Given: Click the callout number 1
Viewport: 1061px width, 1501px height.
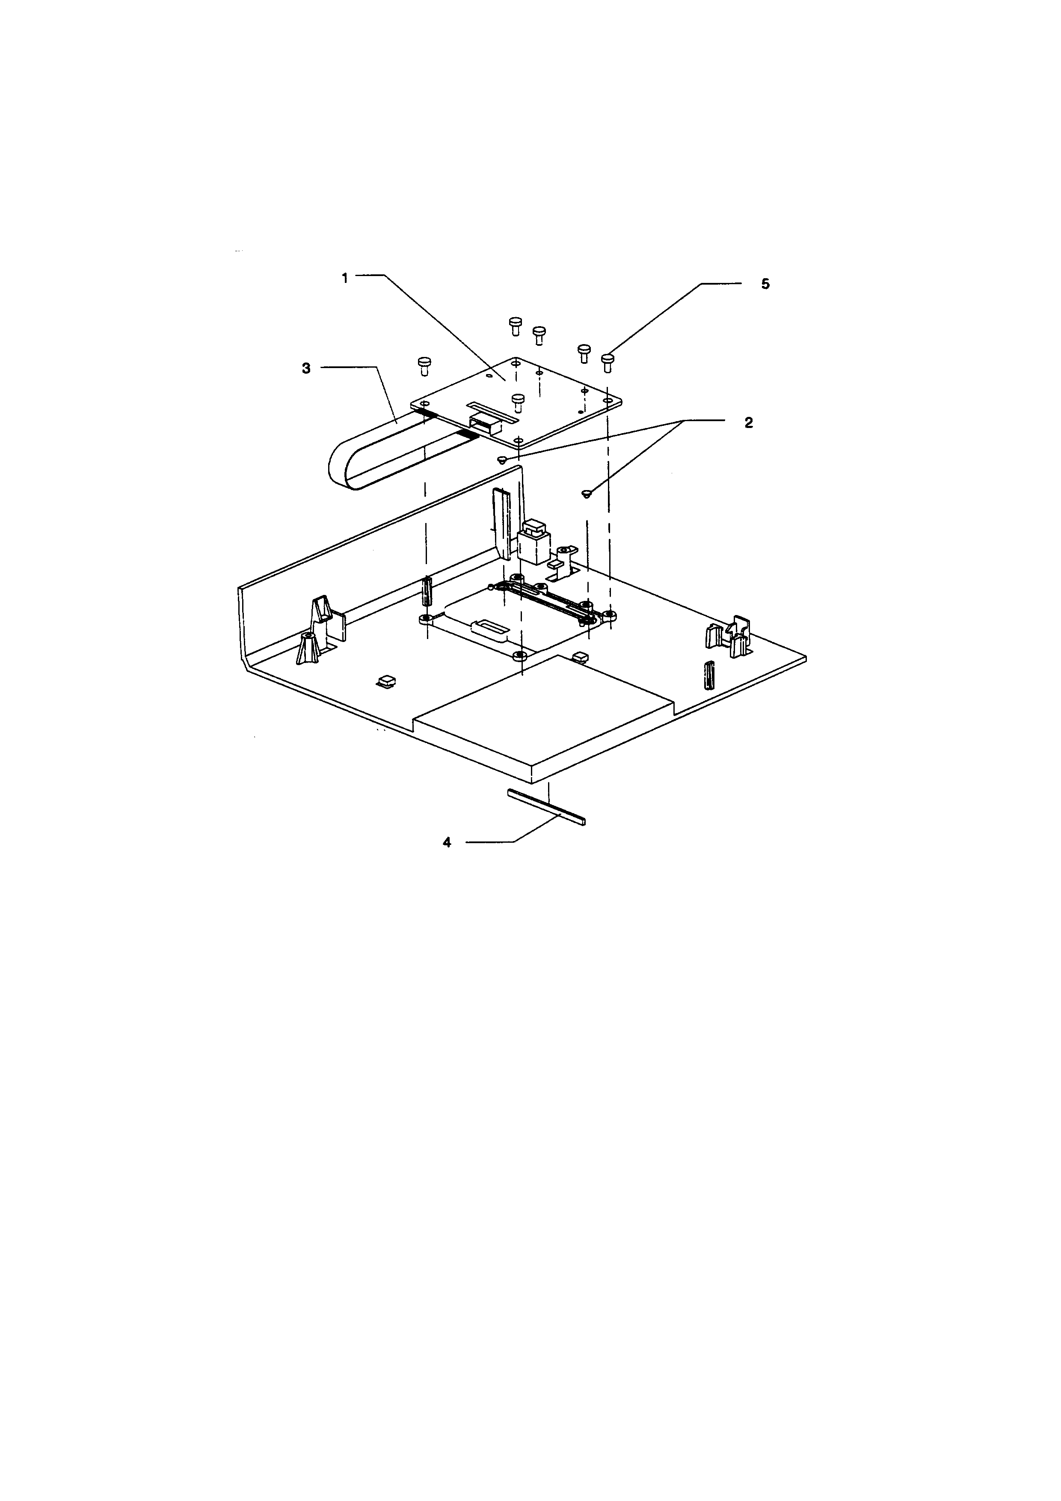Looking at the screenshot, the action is (345, 277).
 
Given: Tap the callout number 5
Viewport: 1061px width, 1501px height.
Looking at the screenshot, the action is (765, 284).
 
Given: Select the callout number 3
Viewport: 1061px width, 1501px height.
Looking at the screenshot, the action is (306, 369).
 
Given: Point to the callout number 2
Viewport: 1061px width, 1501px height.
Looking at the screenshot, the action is (749, 423).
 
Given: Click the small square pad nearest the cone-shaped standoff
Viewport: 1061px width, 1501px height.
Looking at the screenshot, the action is (385, 682).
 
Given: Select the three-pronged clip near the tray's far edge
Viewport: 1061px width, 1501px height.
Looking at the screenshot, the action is (729, 634).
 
